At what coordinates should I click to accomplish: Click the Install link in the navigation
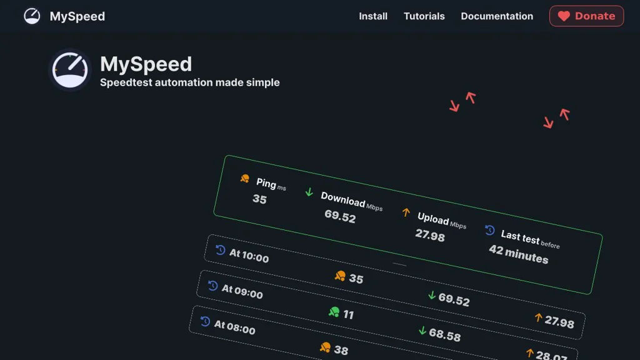[x=373, y=16]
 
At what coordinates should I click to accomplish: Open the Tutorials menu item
[x=424, y=16]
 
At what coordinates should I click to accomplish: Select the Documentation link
[x=497, y=16]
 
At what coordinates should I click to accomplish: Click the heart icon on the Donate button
[x=564, y=16]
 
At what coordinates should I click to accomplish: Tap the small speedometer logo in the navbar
[x=32, y=16]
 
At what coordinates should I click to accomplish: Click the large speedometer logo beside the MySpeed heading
[x=70, y=70]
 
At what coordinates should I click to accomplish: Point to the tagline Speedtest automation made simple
[x=190, y=82]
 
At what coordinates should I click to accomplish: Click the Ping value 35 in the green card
[x=259, y=199]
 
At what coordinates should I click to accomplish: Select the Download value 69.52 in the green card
[x=340, y=217]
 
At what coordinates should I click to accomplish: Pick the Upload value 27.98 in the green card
[x=430, y=236]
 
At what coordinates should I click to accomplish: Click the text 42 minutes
[x=518, y=254]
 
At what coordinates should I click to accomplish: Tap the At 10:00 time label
[x=249, y=256]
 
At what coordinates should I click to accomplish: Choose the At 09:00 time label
[x=242, y=292]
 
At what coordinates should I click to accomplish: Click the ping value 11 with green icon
[x=348, y=314]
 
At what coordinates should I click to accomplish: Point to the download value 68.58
[x=444, y=335]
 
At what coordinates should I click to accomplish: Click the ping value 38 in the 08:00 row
[x=341, y=350]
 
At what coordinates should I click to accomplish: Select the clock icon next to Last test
[x=490, y=231]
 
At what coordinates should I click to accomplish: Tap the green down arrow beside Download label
[x=309, y=192]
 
